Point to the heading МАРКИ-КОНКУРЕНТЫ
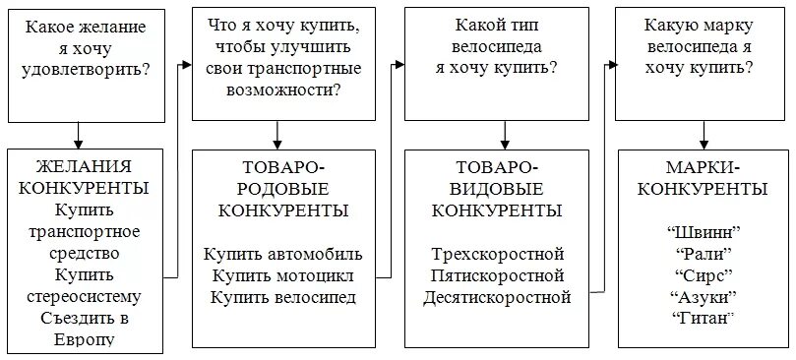click(703, 177)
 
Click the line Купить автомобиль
click(282, 253)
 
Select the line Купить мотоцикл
click(282, 274)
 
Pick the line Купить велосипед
click(282, 296)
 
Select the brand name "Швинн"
click(703, 231)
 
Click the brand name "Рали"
click(703, 253)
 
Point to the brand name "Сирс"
click(703, 274)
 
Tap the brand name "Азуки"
click(703, 296)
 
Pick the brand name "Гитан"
click(703, 318)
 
